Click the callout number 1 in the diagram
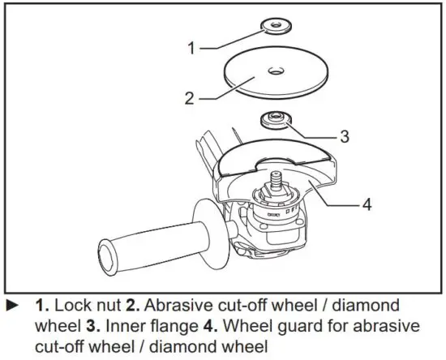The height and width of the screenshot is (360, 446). (x=191, y=49)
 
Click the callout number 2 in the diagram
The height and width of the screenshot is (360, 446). (x=188, y=99)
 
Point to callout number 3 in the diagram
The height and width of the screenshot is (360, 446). (x=345, y=137)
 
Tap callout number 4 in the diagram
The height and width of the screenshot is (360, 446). (x=367, y=204)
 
